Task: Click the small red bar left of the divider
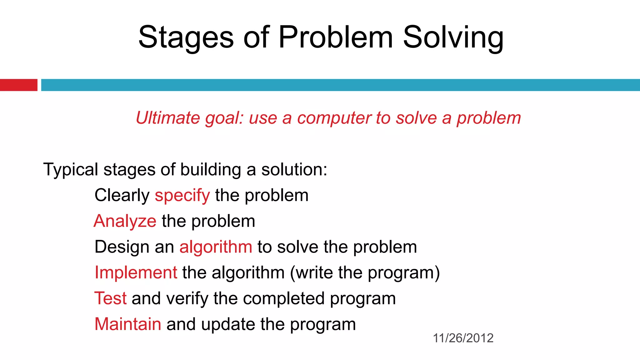pyautogui.click(x=18, y=85)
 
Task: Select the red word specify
pyautogui.click(x=182, y=196)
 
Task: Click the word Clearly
pyautogui.click(x=122, y=196)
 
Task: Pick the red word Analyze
pyautogui.click(x=125, y=221)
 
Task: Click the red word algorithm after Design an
pyautogui.click(x=216, y=247)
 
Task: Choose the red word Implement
pyautogui.click(x=136, y=272)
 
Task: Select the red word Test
pyautogui.click(x=110, y=298)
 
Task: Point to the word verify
pyautogui.click(x=187, y=299)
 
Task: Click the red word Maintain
pyautogui.click(x=128, y=324)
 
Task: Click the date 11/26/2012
pyautogui.click(x=463, y=338)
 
